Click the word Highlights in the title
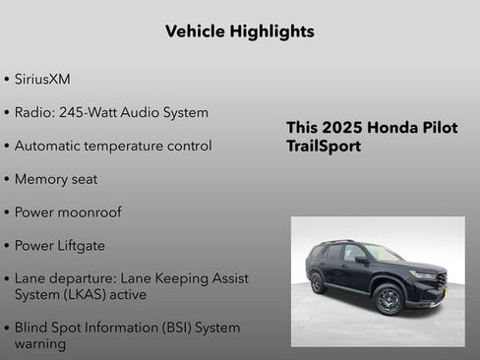(267, 31)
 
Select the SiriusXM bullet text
(42, 79)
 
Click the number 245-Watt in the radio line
(89, 112)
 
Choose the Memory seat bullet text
(56, 179)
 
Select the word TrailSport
(324, 146)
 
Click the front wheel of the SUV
(389, 298)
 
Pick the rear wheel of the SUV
(318, 283)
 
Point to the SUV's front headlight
(424, 274)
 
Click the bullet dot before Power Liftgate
(8, 246)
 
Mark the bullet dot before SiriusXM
(8, 79)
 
